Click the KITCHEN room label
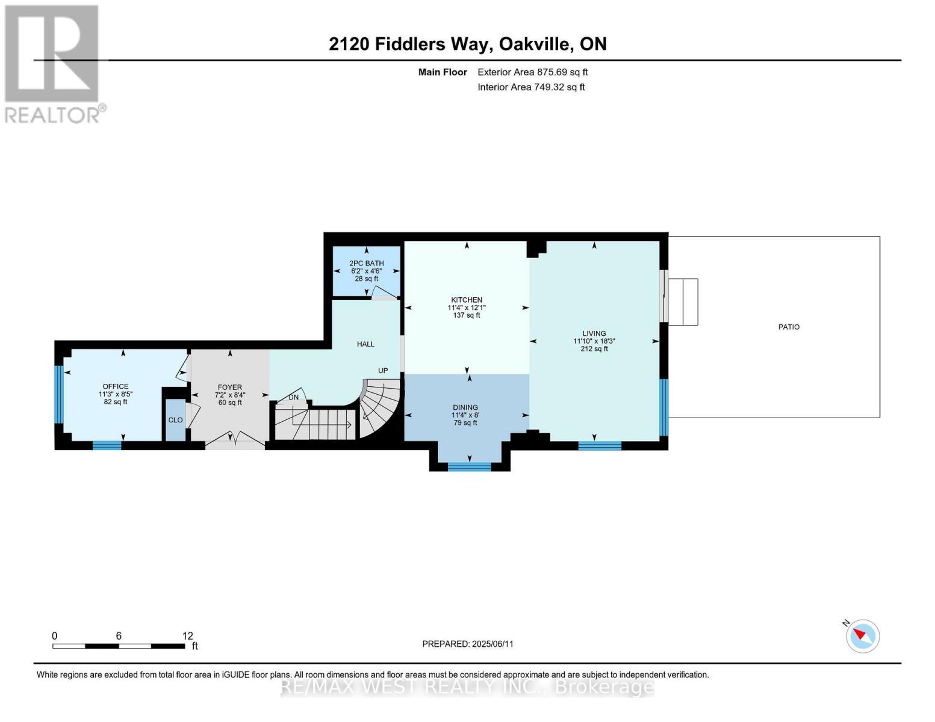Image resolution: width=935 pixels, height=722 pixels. [467, 300]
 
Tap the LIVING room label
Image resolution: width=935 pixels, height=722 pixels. [594, 333]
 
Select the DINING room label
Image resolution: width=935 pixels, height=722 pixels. [465, 407]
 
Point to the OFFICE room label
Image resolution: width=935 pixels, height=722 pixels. [116, 386]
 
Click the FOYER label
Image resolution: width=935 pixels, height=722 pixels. [230, 387]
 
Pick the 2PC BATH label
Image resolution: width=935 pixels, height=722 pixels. [367, 263]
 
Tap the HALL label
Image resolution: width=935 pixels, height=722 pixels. [365, 344]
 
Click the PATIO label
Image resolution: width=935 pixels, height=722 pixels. [789, 327]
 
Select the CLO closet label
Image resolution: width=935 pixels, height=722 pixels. [175, 420]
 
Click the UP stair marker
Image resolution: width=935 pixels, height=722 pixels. [383, 371]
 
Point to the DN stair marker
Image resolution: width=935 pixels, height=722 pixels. [293, 397]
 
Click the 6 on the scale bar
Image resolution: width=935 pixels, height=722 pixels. [119, 635]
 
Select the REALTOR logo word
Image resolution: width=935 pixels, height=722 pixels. [52, 116]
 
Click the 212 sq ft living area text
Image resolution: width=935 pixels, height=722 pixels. [594, 349]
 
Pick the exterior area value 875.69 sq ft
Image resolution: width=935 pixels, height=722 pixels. [562, 72]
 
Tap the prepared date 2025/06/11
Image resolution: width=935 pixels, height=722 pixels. [492, 644]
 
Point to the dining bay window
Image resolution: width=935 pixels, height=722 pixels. [469, 467]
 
